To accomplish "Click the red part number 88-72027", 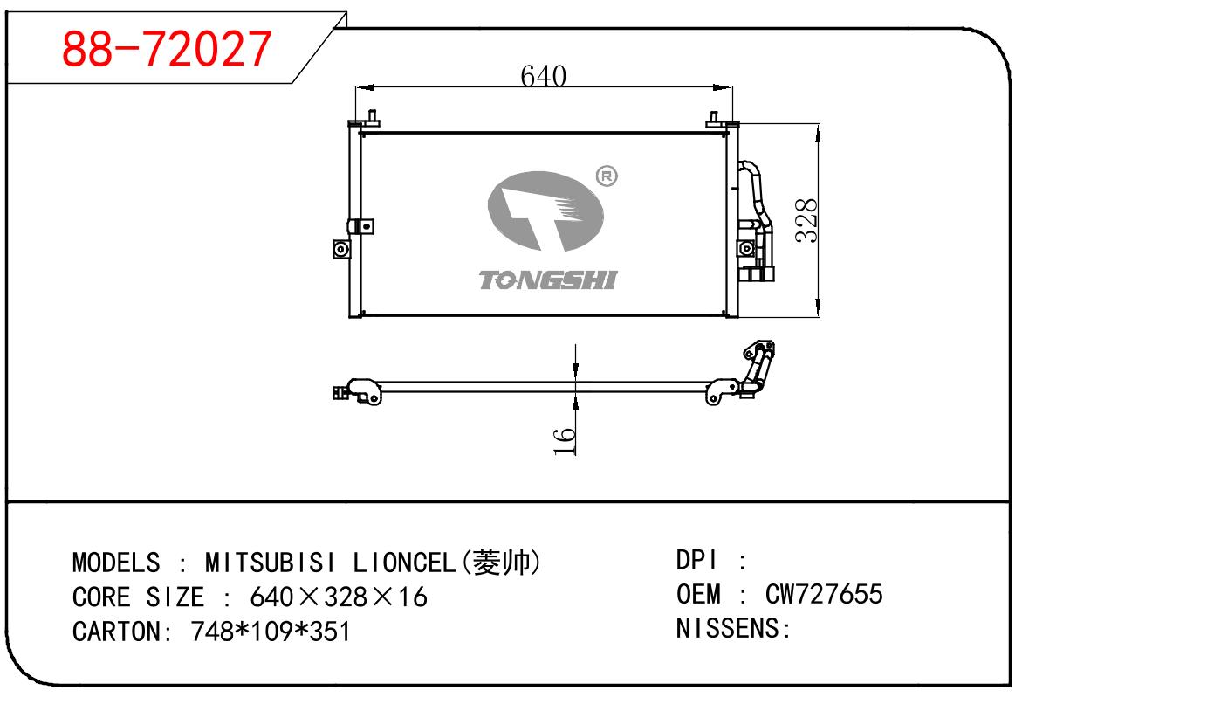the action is pos(166,49).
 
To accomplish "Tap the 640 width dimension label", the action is pos(543,76).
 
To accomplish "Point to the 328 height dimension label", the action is pos(806,220).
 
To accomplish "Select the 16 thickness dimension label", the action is pos(564,441).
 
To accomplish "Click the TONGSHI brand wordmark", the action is pos(548,280).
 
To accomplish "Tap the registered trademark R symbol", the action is pos(607,176).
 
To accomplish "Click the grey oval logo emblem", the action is pos(545,211).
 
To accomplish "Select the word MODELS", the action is pos(116,563).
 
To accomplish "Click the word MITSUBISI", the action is pos(271,563).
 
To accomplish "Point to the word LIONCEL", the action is pos(404,563).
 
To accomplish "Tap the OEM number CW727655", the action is pos(824,594).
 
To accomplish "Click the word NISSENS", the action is pos(728,628).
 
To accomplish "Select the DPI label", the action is pos(696,560).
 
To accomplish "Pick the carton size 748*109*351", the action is pos(270,632).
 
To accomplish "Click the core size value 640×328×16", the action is pos(339,597).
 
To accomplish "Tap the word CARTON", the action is pos(116,632).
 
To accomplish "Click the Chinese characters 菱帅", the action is pos(502,563).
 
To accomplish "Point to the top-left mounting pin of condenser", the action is pos(373,118).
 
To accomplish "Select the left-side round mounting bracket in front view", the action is pos(341,249).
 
